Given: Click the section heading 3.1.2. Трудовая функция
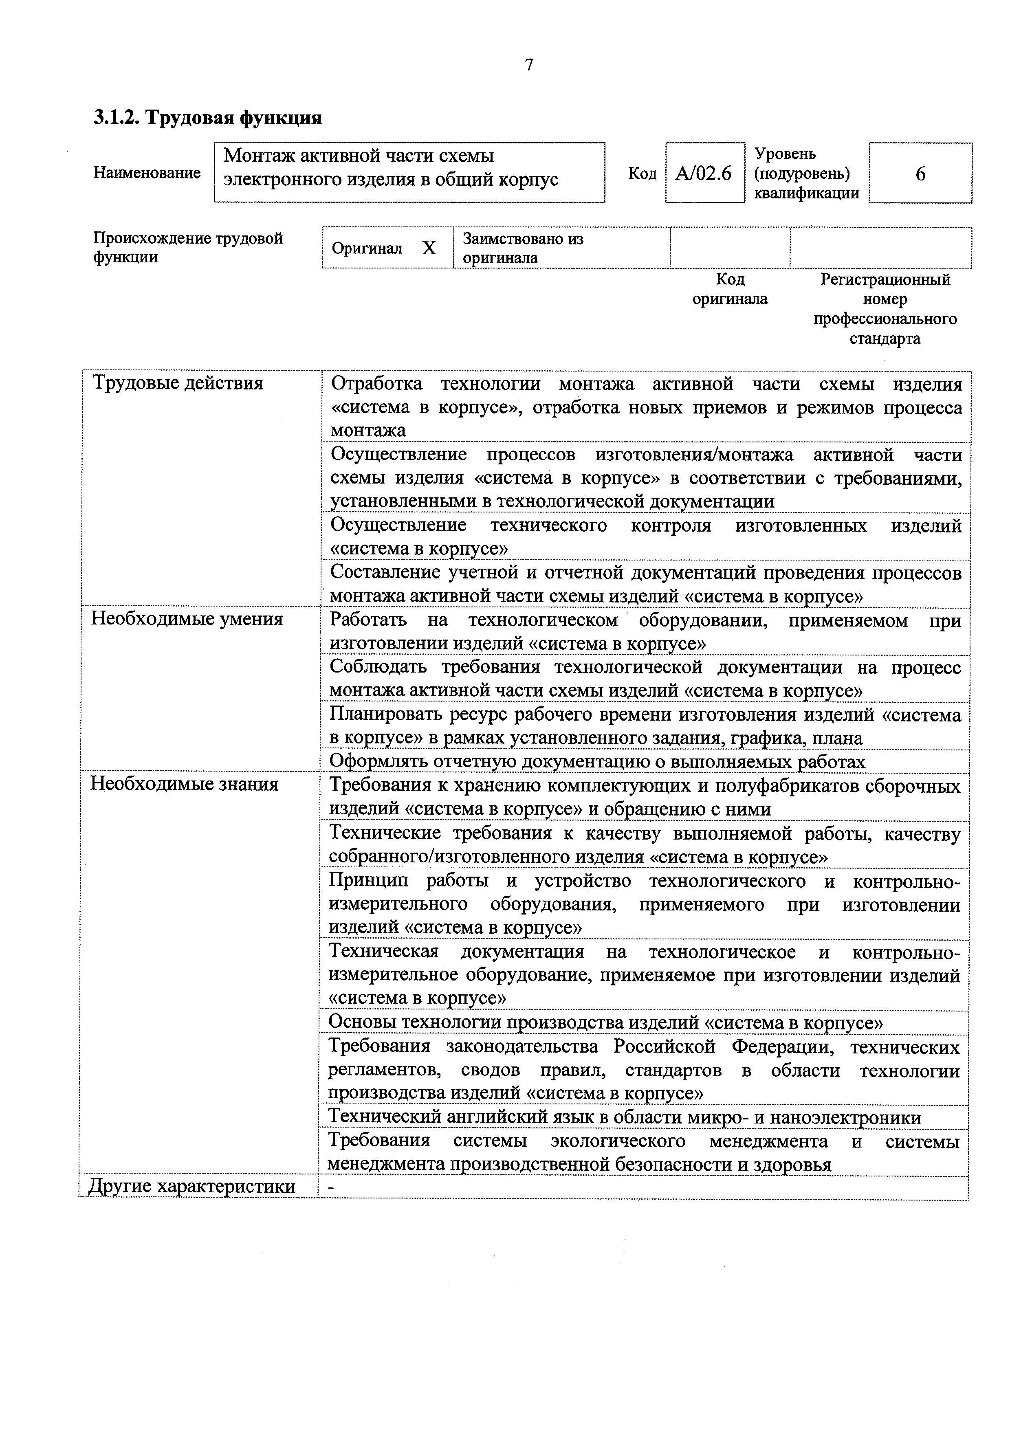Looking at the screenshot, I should [x=207, y=118].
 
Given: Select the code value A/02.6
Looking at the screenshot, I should [x=704, y=173].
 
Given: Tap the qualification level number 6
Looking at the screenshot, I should [x=920, y=174].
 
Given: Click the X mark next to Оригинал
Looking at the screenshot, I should [x=429, y=248].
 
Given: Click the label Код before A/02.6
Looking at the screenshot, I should [x=642, y=173].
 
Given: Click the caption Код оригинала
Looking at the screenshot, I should [x=730, y=289].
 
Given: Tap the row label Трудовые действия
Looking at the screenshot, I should [x=178, y=383].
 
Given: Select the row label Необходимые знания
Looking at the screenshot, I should [x=184, y=784].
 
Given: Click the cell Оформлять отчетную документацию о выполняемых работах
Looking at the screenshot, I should [x=597, y=761].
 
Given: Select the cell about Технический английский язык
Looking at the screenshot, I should [x=624, y=1117].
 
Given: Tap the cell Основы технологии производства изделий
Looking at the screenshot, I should [x=605, y=1022].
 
